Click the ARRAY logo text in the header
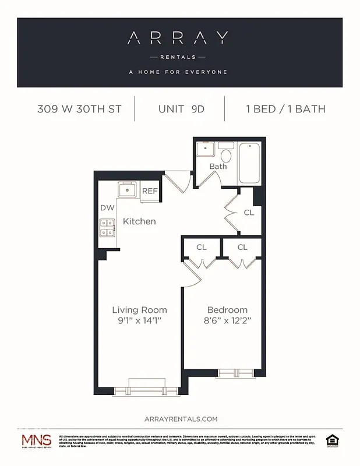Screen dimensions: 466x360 pos(179,38)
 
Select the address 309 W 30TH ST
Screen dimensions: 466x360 pos(79,109)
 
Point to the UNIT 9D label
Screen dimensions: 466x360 pos(181,109)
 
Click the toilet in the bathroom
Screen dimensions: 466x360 pos(226,153)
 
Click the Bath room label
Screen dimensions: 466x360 pos(218,167)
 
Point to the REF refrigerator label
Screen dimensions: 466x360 pos(150,191)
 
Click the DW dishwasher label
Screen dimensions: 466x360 pos(107,207)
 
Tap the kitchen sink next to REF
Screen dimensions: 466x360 pos(128,190)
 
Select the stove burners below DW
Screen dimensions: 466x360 pos(107,227)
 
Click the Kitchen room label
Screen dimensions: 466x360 pos(139,221)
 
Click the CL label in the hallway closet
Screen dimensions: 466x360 pos(249,213)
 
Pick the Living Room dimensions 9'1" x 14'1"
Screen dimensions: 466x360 pos(139,320)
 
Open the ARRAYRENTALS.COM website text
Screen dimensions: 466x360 pos(180,418)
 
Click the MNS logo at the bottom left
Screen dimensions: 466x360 pos(36,441)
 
